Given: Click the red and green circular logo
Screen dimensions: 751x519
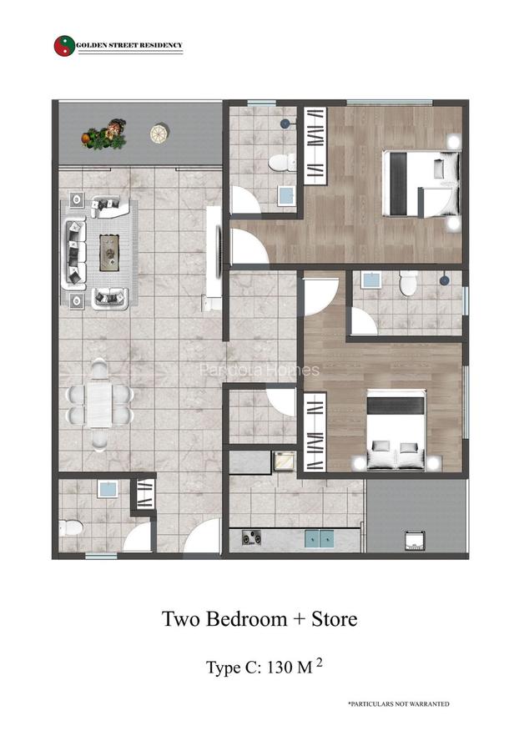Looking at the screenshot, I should (x=63, y=45).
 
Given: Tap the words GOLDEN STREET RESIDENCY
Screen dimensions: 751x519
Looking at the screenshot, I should (x=129, y=45).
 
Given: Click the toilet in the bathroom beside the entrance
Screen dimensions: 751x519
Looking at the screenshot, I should (x=72, y=527).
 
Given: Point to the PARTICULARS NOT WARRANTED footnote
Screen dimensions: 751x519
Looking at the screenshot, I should (x=398, y=704).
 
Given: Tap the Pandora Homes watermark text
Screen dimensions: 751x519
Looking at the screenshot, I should (x=259, y=370).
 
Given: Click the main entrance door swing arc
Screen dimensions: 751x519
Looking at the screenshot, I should (x=200, y=537).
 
